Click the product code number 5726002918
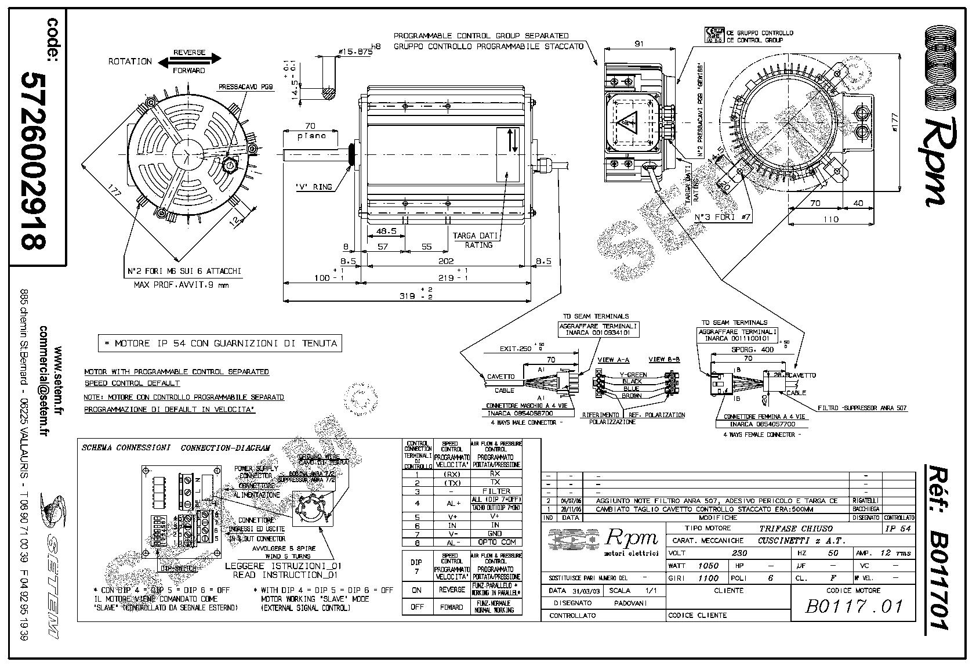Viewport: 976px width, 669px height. tap(34, 160)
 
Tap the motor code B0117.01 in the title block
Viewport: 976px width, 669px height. tap(854, 606)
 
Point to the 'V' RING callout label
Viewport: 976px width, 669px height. tap(314, 187)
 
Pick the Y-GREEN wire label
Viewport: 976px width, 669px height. tap(633, 375)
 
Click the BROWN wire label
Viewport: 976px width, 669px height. tap(631, 396)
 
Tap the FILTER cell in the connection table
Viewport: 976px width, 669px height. tap(495, 491)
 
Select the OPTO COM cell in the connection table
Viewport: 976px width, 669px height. tap(495, 542)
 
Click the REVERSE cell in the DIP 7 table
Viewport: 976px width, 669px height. tap(451, 590)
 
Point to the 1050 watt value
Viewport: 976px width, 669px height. tap(707, 565)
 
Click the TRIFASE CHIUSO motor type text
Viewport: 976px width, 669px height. tap(796, 529)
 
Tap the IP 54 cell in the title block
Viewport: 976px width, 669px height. tap(898, 529)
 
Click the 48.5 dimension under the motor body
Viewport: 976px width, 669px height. tap(386, 231)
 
